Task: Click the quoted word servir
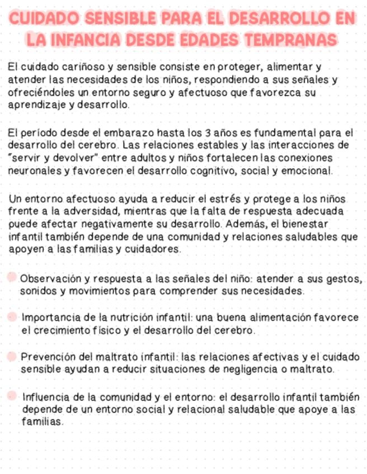coord(24,158)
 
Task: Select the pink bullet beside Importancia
coord(12,317)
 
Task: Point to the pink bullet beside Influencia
coord(12,396)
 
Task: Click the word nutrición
coord(131,317)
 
